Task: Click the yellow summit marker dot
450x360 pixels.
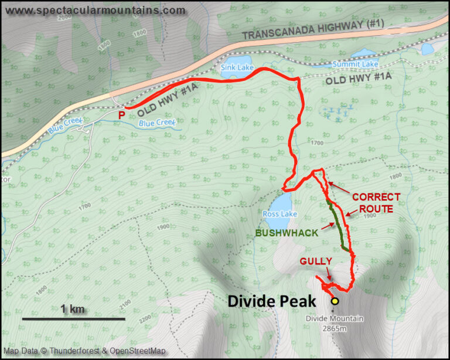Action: [x=335, y=301]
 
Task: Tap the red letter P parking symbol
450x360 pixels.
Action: [x=121, y=116]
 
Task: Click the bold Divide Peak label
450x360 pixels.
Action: [x=271, y=301]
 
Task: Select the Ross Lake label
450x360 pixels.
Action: [x=280, y=215]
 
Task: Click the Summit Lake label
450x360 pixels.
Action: [x=352, y=64]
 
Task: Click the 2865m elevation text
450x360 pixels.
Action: [x=335, y=329]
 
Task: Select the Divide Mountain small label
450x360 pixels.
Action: [x=335, y=320]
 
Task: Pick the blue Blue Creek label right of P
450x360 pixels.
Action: [x=157, y=123]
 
